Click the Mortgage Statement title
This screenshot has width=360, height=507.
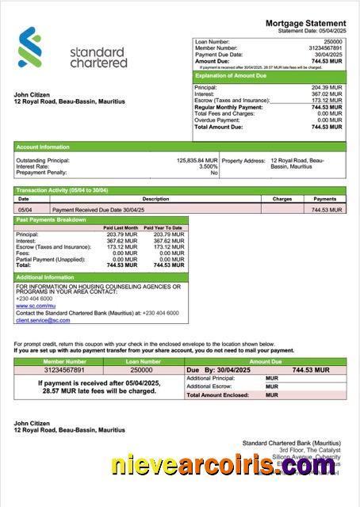(305, 24)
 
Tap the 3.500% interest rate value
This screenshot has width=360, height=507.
(208, 166)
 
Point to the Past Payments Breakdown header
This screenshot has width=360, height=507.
(51, 219)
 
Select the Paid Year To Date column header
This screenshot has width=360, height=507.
(163, 228)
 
